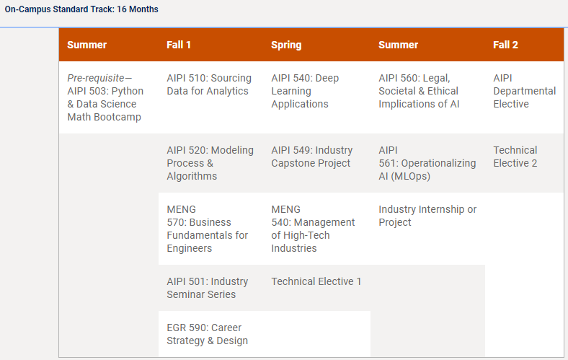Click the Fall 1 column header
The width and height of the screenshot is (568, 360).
[179, 45]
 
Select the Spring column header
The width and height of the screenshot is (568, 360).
[286, 45]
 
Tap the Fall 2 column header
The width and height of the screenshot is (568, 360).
[505, 45]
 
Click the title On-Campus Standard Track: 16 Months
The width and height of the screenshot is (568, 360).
[81, 9]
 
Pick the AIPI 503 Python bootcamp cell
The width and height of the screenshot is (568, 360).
[105, 97]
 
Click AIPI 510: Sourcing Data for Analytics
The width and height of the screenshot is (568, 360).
[209, 84]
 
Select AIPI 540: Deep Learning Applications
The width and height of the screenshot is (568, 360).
[305, 91]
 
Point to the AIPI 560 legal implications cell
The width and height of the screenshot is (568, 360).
[419, 91]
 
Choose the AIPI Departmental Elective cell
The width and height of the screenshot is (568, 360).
[524, 91]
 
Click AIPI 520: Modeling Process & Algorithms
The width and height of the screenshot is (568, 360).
[210, 163]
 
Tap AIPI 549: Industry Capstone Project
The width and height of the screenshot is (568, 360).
[312, 157]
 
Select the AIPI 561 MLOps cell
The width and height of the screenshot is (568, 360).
[427, 163]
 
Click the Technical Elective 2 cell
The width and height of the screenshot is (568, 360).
[515, 157]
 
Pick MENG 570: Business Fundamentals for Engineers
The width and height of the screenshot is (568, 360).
[207, 229]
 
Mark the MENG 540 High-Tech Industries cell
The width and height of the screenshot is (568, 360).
[313, 229]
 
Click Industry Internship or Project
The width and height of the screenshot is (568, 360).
[427, 216]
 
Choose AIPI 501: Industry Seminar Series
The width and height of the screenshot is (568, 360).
[207, 288]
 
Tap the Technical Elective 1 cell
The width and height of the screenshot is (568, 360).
[316, 281]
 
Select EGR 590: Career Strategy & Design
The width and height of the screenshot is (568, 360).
[207, 334]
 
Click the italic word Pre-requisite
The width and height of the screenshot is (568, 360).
[96, 79]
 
